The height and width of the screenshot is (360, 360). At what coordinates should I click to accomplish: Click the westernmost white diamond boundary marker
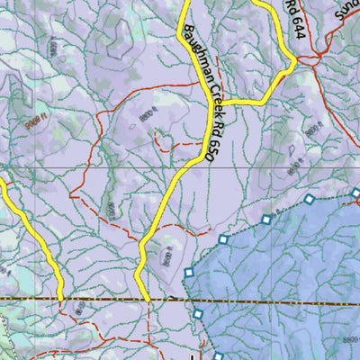coord(189,273)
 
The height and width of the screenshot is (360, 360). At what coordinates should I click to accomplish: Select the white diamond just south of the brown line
coord(198,313)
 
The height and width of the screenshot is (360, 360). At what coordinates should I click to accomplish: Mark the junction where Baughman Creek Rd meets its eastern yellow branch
coord(219,103)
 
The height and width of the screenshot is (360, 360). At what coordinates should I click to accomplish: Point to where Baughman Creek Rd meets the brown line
coord(147,299)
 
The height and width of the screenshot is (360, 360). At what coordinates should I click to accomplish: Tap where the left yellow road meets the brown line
coord(60,298)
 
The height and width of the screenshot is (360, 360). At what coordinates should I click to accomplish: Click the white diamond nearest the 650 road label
coord(223,238)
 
